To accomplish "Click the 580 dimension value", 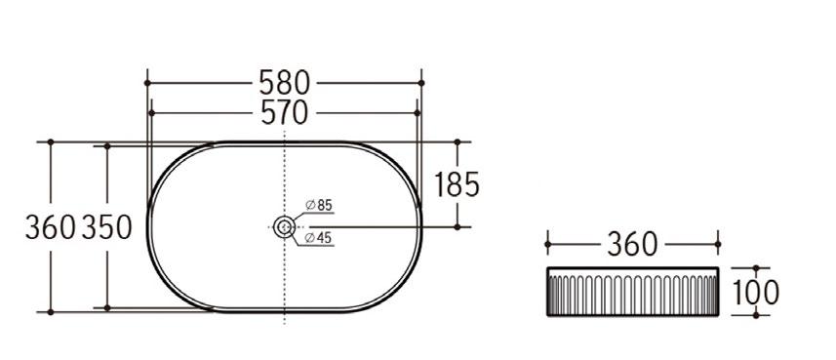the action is tap(284, 83).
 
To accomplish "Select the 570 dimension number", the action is tap(284, 112).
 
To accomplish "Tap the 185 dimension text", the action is tap(457, 184).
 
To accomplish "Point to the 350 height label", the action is tap(106, 226).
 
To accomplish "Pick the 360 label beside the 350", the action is tap(50, 226).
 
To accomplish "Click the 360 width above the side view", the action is tap(632, 244).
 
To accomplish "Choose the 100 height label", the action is tap(755, 292).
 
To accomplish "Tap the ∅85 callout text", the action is tap(319, 205).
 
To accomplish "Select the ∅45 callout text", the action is tap(319, 238).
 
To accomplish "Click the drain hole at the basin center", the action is tap(284, 227).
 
